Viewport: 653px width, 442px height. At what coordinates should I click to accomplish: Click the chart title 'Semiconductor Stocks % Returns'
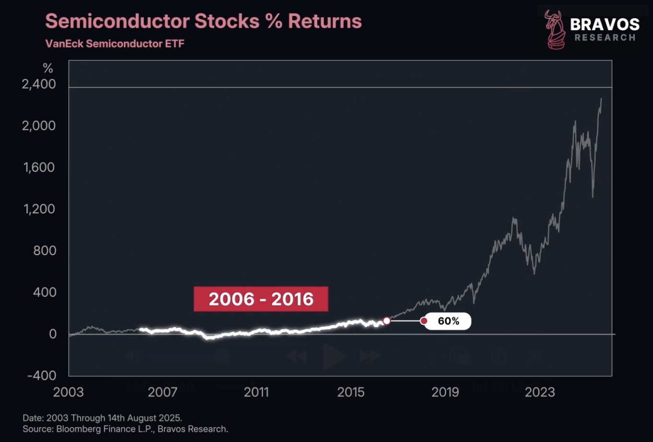pos(203,21)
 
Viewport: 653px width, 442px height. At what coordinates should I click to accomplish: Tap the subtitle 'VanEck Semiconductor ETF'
pos(115,44)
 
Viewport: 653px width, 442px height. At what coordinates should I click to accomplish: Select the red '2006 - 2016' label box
pos(261,299)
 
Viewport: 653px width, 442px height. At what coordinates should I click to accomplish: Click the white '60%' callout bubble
pos(448,321)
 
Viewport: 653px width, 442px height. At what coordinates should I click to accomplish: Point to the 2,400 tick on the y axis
pos(39,84)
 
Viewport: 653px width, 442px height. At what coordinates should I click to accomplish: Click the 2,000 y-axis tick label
pos(39,126)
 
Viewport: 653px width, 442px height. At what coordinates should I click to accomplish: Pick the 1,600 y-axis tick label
pos(39,168)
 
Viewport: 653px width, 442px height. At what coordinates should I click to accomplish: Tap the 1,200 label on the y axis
pos(39,209)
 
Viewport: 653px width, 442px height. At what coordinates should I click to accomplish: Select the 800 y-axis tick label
pos(44,251)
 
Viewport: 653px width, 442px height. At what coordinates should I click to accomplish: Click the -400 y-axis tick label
pos(42,375)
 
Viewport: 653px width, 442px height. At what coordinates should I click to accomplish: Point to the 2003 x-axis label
pos(68,392)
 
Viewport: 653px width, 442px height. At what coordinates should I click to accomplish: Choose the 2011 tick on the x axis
pos(256,392)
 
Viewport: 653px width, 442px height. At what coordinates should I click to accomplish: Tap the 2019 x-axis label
pos(445,392)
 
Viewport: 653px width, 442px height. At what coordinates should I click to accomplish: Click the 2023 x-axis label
pos(540,392)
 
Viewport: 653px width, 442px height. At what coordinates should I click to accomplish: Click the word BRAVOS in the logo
pos(605,24)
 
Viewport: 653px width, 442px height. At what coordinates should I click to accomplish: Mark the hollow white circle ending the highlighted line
pos(387,320)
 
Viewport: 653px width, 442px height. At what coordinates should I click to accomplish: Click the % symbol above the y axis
pos(48,68)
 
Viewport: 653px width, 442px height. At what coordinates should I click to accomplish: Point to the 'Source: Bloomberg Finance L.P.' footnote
pos(125,429)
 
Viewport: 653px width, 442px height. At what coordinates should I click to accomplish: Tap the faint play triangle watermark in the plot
pos(334,356)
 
